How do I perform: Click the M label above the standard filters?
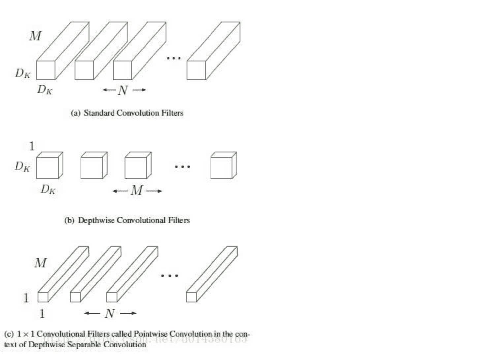click(x=35, y=36)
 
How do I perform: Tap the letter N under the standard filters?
click(x=123, y=90)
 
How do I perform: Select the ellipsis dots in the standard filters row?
click(x=174, y=58)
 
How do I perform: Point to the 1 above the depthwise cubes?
click(x=32, y=146)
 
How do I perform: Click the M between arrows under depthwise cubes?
click(x=137, y=191)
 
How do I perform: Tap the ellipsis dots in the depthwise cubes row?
click(x=182, y=166)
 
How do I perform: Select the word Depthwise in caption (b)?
click(x=96, y=220)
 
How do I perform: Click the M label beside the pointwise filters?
click(x=40, y=263)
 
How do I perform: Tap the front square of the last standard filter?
click(x=196, y=70)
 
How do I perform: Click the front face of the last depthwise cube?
click(x=221, y=168)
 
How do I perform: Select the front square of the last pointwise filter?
click(x=191, y=297)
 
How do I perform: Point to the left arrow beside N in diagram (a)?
click(x=109, y=90)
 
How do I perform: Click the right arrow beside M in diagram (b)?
click(x=154, y=191)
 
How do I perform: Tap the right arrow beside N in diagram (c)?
click(x=128, y=313)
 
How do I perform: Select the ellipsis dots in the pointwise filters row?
click(x=169, y=275)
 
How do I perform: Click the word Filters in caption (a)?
click(x=172, y=113)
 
